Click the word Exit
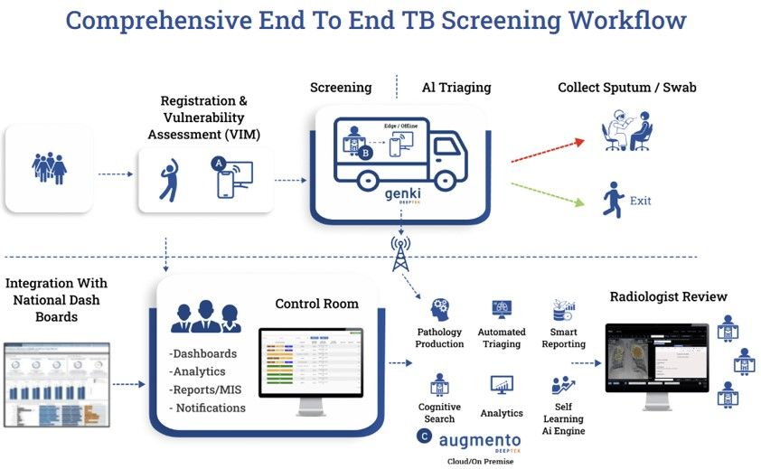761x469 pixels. (x=640, y=201)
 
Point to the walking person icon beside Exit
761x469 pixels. (x=615, y=199)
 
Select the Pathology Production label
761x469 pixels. (x=440, y=338)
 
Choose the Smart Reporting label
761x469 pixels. (x=564, y=338)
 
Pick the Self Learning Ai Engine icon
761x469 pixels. (x=564, y=387)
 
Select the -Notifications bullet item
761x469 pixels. (x=207, y=408)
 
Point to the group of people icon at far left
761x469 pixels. (x=49, y=168)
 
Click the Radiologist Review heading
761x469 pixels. (x=668, y=296)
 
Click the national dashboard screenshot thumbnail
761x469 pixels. (x=56, y=385)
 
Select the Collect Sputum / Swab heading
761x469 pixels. (x=626, y=88)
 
